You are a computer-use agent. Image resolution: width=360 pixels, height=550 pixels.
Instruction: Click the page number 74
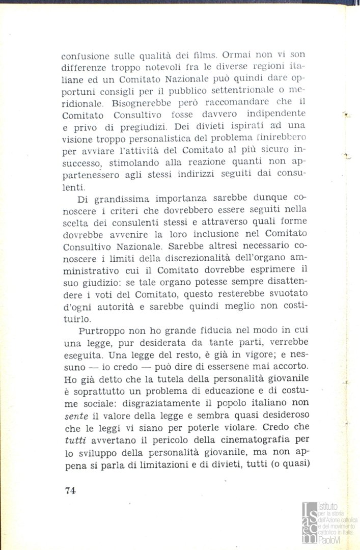[70, 490]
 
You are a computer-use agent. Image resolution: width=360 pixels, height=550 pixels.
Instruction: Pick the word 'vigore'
[245, 355]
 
